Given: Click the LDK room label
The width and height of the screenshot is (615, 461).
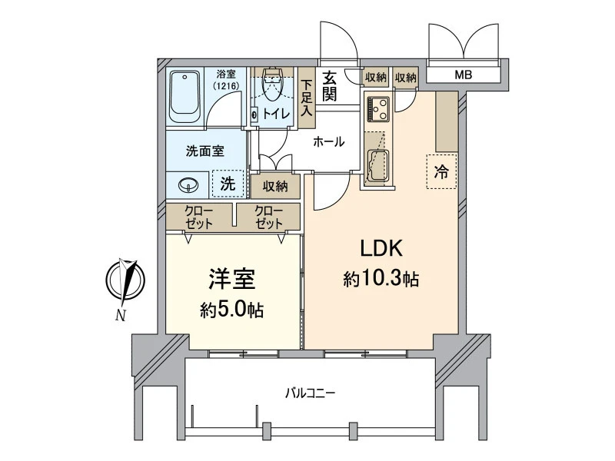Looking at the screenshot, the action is click(x=381, y=248).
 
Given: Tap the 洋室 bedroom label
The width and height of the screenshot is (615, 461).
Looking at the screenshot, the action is click(x=232, y=279).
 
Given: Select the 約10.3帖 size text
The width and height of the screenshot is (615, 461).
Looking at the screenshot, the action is click(x=381, y=279).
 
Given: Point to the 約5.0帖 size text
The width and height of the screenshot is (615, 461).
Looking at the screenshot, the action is click(x=232, y=310).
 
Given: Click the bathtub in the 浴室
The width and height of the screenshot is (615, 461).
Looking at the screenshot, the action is click(x=184, y=97).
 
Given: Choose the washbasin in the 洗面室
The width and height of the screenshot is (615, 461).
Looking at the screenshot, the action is click(x=188, y=185).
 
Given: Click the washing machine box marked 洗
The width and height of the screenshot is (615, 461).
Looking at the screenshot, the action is click(x=228, y=184).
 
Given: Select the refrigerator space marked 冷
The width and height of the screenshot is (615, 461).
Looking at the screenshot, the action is click(x=441, y=171).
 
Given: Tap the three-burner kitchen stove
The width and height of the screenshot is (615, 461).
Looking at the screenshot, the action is click(x=378, y=108).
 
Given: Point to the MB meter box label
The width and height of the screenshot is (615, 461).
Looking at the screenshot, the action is click(x=464, y=75).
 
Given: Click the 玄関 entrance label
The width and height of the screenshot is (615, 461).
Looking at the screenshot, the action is click(x=330, y=86).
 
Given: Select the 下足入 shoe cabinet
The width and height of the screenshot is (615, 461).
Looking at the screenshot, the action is click(x=307, y=98).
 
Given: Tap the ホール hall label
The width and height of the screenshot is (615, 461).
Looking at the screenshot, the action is click(x=329, y=141).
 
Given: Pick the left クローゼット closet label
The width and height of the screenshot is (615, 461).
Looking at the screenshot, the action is click(x=198, y=217).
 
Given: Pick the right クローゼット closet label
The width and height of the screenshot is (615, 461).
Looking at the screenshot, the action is click(x=268, y=217).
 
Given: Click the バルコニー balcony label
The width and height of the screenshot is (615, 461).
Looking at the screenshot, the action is click(x=310, y=393).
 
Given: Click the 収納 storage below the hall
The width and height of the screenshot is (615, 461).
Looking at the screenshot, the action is click(x=275, y=186).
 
